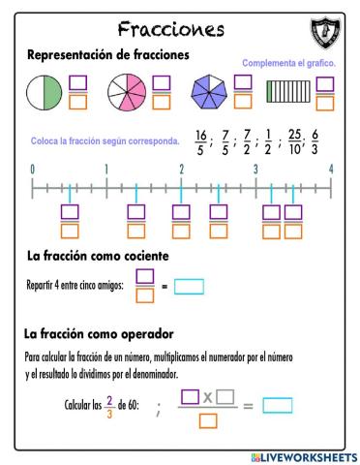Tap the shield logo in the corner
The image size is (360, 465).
[x=326, y=32]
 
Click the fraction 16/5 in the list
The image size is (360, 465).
[x=200, y=141]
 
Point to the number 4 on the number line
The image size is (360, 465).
[x=331, y=170]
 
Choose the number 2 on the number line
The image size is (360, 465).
[x=181, y=170]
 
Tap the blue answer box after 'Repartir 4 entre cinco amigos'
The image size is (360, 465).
[x=190, y=286]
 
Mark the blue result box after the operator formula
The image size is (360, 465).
[x=278, y=405]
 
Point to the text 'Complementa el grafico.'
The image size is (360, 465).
[x=287, y=63]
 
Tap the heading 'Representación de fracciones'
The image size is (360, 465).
[x=108, y=55]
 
